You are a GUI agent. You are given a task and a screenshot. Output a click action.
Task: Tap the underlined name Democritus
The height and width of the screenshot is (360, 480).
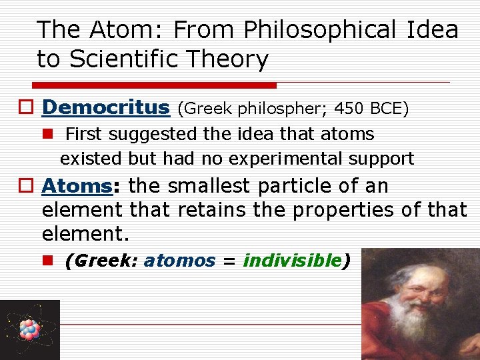click(106, 107)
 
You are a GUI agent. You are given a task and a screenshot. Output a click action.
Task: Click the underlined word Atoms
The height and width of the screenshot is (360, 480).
click(75, 186)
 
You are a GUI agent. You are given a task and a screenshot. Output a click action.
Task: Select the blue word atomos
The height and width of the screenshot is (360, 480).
click(180, 261)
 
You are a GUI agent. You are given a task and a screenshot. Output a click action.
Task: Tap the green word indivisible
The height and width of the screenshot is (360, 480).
click(292, 261)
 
